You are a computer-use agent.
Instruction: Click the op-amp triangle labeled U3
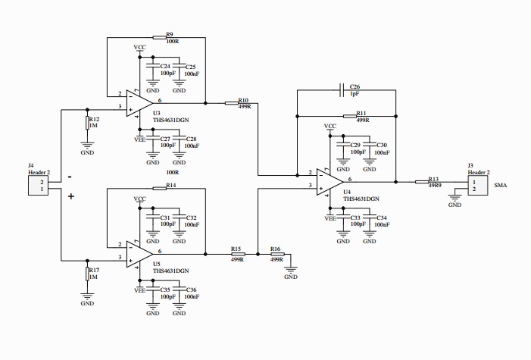click(x=141, y=102)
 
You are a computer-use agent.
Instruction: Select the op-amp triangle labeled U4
click(x=331, y=180)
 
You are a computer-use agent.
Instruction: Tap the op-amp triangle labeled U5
click(x=141, y=252)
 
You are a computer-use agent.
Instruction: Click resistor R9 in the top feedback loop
click(x=160, y=36)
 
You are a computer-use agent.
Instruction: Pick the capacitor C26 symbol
click(x=344, y=89)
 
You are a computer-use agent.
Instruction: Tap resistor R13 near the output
click(x=423, y=182)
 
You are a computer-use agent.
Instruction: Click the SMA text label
click(x=501, y=185)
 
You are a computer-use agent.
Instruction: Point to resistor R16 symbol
click(x=276, y=254)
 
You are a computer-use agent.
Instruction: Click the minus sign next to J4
click(x=70, y=176)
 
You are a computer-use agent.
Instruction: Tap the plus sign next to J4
click(x=71, y=196)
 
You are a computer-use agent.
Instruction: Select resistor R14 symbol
click(x=160, y=189)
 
